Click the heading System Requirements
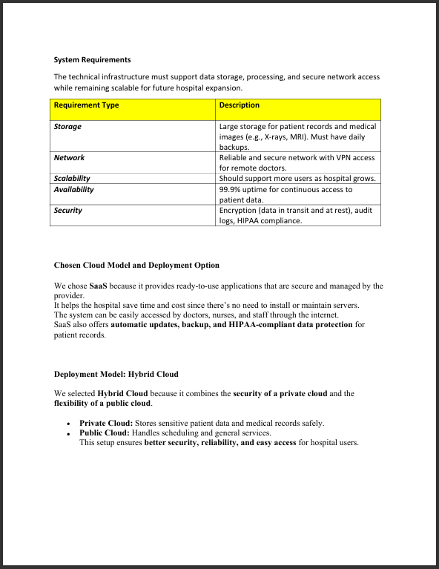(x=92, y=59)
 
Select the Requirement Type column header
(x=86, y=105)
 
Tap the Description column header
(x=240, y=105)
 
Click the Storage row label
(x=67, y=127)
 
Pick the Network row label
(x=69, y=157)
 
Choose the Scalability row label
(x=72, y=178)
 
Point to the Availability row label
(x=73, y=189)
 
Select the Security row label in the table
(x=67, y=211)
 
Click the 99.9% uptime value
(x=245, y=189)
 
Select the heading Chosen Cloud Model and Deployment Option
(x=136, y=265)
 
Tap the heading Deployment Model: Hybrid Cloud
(x=116, y=374)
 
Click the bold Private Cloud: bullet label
(x=105, y=423)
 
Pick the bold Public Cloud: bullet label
(x=104, y=432)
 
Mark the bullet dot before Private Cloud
(x=68, y=424)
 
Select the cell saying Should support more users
(x=297, y=178)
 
